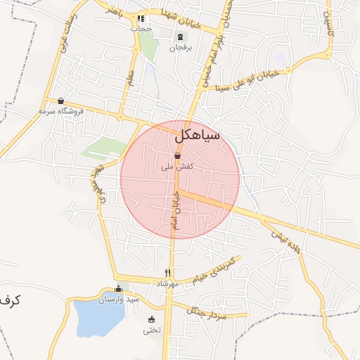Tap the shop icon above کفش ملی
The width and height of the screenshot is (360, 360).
tap(177, 157)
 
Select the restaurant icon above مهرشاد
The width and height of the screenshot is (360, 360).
tap(168, 273)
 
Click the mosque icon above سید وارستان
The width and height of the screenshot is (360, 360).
tap(118, 289)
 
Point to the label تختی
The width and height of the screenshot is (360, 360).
tap(152, 330)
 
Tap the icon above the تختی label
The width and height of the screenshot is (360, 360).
tap(151, 320)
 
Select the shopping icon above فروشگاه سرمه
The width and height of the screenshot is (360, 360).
tap(61, 101)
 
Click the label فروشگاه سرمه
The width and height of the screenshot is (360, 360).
tap(61, 111)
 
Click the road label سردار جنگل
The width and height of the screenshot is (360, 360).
tap(207, 311)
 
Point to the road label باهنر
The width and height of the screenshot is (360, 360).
tap(115, 11)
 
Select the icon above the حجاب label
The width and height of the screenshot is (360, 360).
tap(141, 19)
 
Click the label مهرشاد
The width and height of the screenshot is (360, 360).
tap(168, 283)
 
